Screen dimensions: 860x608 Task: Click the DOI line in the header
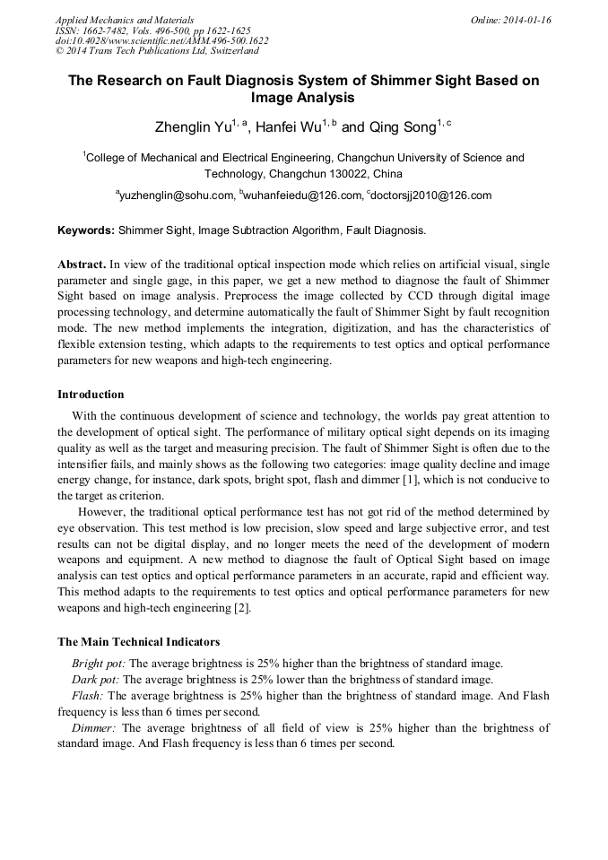coord(161,40)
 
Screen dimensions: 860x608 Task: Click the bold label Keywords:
coord(86,230)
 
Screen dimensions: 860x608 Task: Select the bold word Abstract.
coord(82,265)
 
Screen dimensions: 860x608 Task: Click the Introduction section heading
coord(91,395)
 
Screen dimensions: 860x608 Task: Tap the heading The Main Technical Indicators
coord(138,642)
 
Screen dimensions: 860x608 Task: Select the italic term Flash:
coord(87,696)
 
